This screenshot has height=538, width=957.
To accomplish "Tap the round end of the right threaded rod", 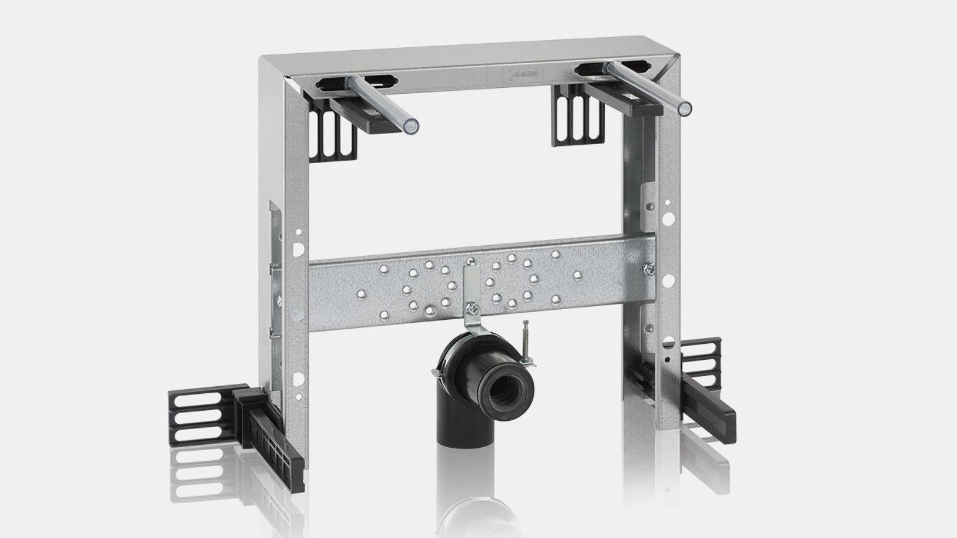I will [684, 109].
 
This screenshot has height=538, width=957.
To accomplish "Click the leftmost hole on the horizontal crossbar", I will [360, 294].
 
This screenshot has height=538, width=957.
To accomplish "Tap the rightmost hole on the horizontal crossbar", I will [577, 275].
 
